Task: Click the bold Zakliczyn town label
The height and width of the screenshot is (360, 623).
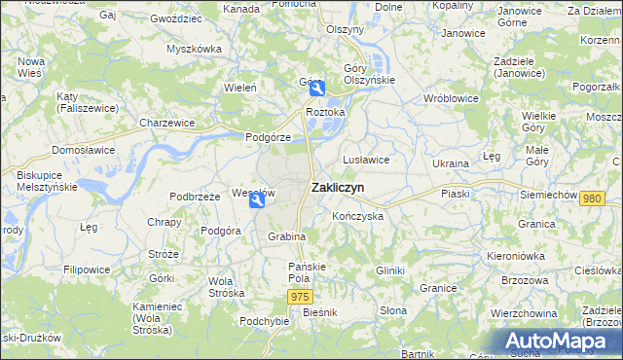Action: point(338,189)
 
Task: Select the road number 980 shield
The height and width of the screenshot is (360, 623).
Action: point(591,198)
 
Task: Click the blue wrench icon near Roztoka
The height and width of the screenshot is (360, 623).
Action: point(316,90)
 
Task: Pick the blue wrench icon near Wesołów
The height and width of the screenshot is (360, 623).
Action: point(256,200)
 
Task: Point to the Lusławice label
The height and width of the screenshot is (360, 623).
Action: point(366,159)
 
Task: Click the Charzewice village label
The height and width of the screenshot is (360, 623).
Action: point(166,124)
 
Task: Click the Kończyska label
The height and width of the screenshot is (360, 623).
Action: point(357,215)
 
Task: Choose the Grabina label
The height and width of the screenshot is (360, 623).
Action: point(287,236)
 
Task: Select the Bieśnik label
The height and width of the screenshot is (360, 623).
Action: point(319,312)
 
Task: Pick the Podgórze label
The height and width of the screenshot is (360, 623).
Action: point(268,137)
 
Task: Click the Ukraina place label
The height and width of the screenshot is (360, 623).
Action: point(451,163)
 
